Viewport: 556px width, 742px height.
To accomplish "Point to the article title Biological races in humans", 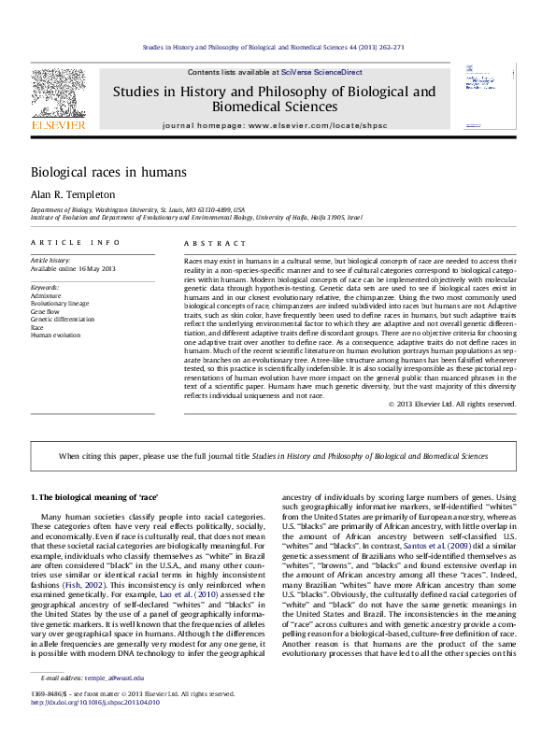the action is [x=108, y=172].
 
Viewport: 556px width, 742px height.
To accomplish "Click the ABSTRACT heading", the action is [x=204, y=242].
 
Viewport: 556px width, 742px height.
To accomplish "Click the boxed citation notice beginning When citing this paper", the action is [x=273, y=455].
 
